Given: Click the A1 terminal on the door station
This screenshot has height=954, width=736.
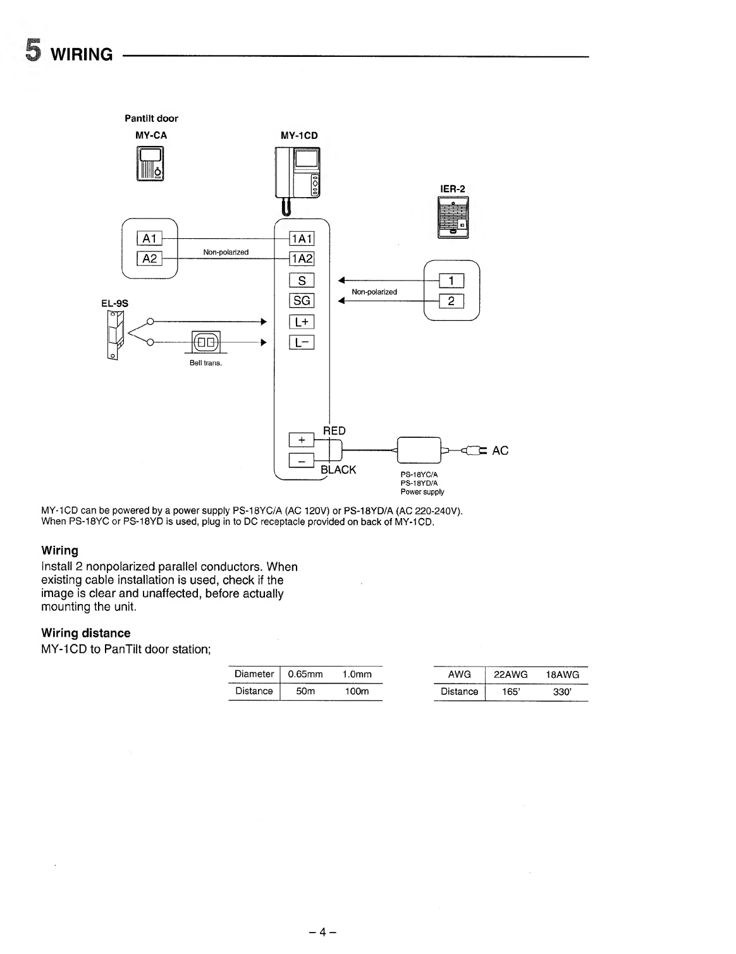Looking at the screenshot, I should pos(149,238).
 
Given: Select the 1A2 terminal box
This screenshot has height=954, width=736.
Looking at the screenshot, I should pos(302,258).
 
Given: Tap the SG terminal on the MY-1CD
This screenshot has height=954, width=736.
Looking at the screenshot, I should pos(302,301).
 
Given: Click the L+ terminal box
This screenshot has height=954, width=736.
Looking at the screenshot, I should pos(302,322).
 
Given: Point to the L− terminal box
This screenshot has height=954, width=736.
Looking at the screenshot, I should pos(302,343).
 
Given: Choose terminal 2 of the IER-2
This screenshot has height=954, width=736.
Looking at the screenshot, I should pos(451,301).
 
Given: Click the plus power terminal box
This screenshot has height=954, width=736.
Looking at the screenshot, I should pos(301,439).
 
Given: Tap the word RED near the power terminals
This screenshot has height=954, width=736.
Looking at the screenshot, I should pos(334,431).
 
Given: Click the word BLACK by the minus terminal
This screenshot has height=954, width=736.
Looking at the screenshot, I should pos(338,470).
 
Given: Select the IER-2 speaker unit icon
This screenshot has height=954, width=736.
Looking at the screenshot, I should pos(453,217).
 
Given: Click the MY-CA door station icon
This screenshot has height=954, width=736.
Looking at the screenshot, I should pos(150,164).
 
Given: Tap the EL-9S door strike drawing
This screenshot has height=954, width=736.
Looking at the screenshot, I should pos(116,334).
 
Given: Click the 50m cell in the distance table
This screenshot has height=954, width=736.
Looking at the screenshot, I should pos(305,691).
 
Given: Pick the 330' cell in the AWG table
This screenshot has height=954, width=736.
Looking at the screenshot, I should pos(561,692).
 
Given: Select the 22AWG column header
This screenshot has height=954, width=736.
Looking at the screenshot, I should pos(510,675).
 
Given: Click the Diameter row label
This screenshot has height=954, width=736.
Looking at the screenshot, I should pos(254,674).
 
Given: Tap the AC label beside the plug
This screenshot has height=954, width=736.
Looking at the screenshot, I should pos(500,450).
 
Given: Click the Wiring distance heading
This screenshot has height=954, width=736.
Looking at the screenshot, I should pos(86,633).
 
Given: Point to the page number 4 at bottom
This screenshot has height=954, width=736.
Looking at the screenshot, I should pos(322,932).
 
